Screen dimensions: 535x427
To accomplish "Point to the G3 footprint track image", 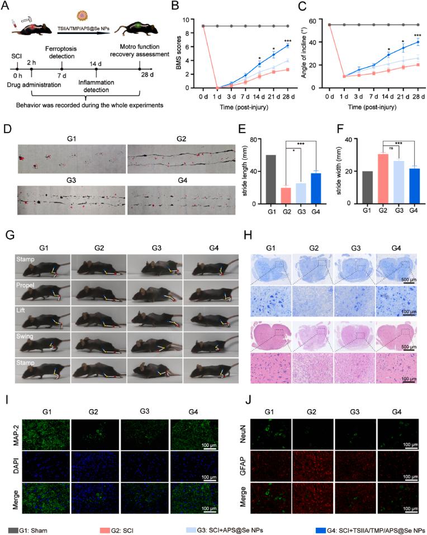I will [x=71, y=201].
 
